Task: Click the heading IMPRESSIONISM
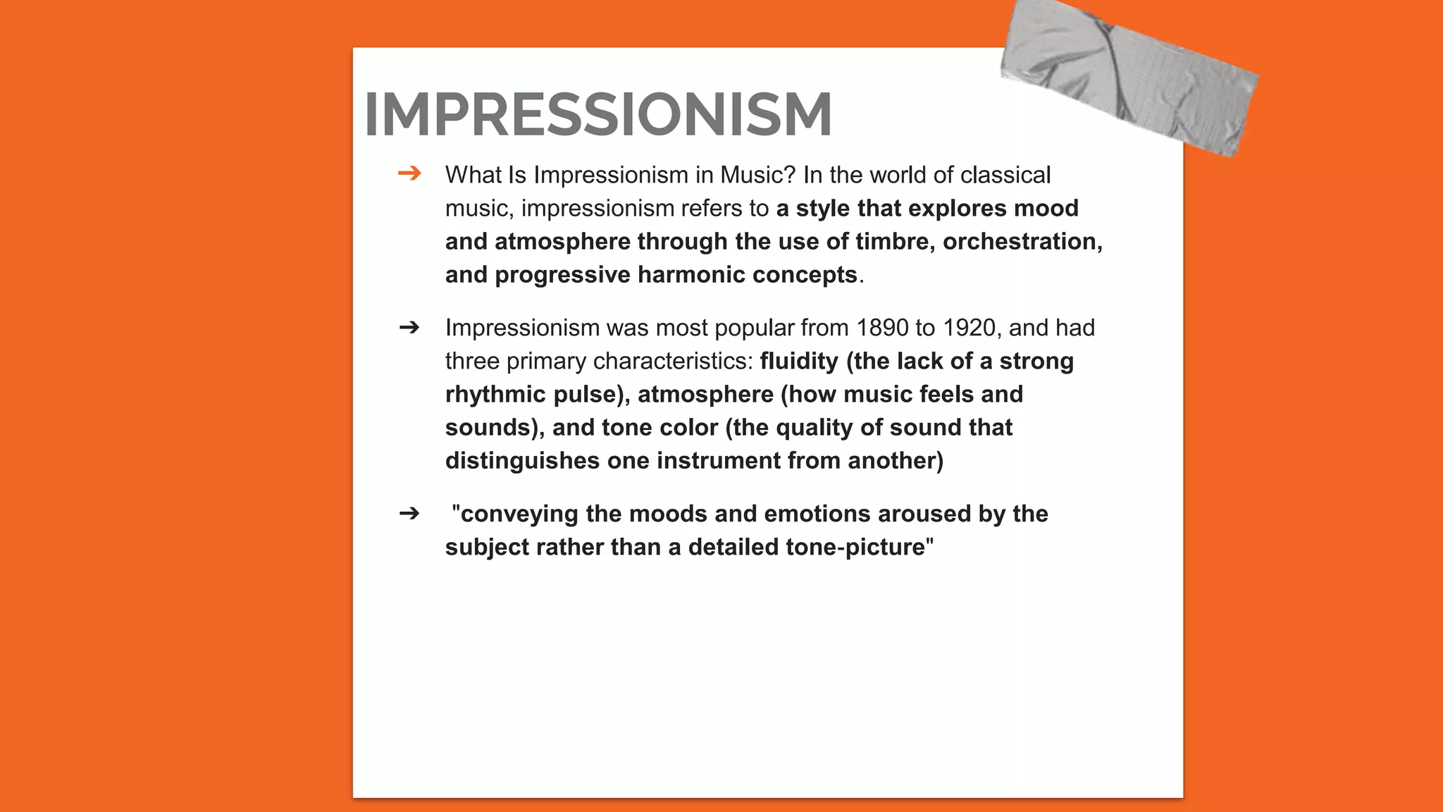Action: point(597,114)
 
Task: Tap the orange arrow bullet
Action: point(409,173)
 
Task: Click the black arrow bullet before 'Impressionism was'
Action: point(409,327)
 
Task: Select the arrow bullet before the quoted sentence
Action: point(409,513)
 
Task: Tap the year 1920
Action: point(972,328)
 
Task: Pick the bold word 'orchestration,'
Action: point(1022,242)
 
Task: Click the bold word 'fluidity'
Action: point(799,361)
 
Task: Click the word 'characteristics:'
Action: point(674,361)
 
